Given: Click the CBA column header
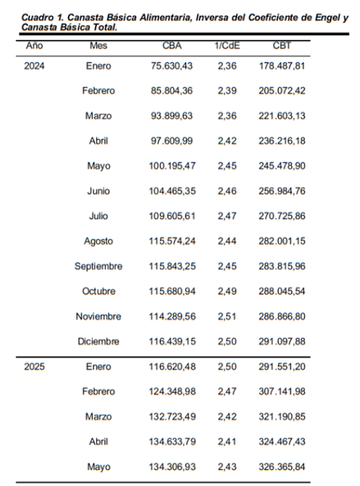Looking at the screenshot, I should click(172, 46).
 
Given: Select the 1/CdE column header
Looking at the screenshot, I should click(227, 46).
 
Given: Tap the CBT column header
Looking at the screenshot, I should click(282, 46).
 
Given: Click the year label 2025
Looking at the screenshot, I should click(34, 367).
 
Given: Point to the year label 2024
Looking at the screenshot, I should click(34, 66).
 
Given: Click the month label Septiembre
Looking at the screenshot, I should click(99, 266).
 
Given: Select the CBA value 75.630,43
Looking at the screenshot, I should click(172, 66).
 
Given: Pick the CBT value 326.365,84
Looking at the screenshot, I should click(282, 467).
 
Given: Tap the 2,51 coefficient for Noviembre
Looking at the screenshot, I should click(227, 317).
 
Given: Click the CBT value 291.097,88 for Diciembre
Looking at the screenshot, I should click(282, 342).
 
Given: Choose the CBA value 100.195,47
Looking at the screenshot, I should click(172, 166).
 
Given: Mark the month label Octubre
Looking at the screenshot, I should click(99, 292).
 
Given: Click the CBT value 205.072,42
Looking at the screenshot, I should click(282, 91).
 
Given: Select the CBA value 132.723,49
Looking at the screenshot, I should click(172, 417).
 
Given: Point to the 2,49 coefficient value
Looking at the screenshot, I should click(227, 292).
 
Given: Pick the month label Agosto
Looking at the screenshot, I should click(99, 241).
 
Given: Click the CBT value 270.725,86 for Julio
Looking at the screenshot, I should click(282, 216).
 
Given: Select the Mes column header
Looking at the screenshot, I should click(99, 46).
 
